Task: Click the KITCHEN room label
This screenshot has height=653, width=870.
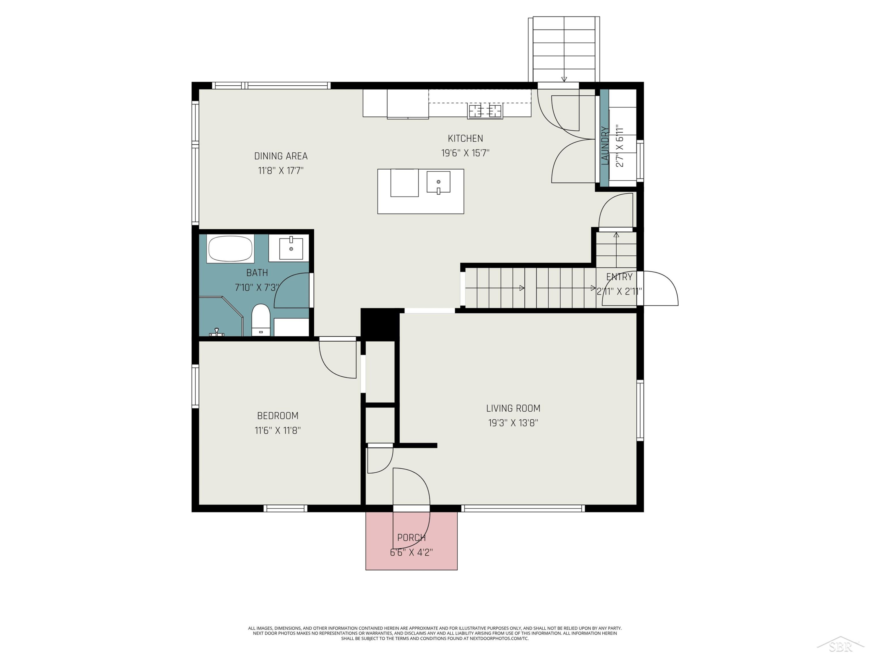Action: [x=465, y=138]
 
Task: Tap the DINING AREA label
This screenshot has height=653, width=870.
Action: [x=281, y=156]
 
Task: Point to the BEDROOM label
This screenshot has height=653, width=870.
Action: [x=278, y=416]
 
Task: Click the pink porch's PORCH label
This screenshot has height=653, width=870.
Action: [x=412, y=538]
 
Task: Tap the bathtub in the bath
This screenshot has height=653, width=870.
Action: [x=230, y=248]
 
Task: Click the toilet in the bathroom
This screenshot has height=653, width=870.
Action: [x=260, y=319]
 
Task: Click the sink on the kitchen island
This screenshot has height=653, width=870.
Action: [x=438, y=182]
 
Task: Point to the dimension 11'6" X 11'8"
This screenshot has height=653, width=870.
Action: [x=278, y=430]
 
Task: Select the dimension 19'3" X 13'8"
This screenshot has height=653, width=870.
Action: [x=513, y=423]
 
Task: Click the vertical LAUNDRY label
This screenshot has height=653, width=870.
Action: [x=605, y=145]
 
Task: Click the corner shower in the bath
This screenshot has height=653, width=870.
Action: [x=221, y=316]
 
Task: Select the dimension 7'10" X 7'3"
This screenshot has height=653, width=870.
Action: [x=257, y=287]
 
